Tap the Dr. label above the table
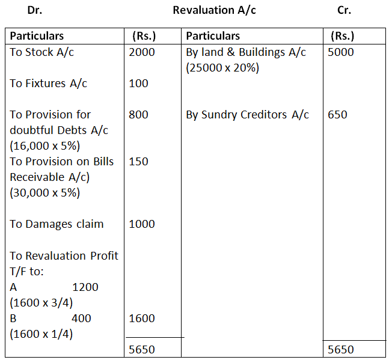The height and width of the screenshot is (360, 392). coord(35,11)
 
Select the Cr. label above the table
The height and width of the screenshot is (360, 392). coord(345,11)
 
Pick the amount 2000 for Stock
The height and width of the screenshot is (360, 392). coord(142,52)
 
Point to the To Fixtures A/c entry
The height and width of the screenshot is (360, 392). coord(48,84)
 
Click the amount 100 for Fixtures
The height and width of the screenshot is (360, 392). coord(139,84)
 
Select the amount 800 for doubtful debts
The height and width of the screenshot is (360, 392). coord(139,115)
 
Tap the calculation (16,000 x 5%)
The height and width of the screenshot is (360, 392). coord(45,146)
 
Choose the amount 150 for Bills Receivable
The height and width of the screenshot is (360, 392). coord(139,162)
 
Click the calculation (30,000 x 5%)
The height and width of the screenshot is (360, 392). coord(45,193)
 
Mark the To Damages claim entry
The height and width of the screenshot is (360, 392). coord(57,224)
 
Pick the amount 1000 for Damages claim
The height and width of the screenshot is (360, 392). coord(142,224)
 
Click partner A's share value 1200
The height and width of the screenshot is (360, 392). coord(85,287)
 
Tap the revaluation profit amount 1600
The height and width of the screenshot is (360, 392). coord(142,319)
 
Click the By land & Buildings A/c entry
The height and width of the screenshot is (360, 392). coord(246,52)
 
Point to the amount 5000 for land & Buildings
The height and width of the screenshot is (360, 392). coord(341,52)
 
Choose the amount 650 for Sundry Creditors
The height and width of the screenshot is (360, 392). coord(338,115)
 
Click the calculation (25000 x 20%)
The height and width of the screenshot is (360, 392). coord(222,68)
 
